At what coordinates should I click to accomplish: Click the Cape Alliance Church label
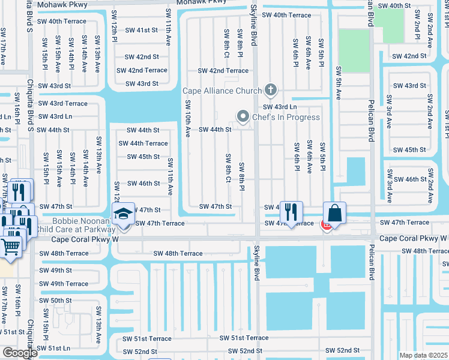(222, 91)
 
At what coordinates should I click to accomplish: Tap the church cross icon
(271, 90)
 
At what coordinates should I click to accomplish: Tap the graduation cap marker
(123, 214)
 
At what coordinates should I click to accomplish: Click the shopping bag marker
(334, 214)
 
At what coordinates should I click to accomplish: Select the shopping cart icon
(10, 246)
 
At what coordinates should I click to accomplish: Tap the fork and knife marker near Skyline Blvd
(291, 212)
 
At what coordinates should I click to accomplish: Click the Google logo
(19, 353)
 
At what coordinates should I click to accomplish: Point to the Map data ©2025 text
(423, 355)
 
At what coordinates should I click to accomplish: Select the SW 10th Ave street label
(187, 119)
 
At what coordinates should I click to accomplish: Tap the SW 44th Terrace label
(143, 143)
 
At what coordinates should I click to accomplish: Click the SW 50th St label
(55, 300)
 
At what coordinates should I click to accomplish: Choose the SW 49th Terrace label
(64, 284)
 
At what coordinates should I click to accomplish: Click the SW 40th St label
(394, 5)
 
